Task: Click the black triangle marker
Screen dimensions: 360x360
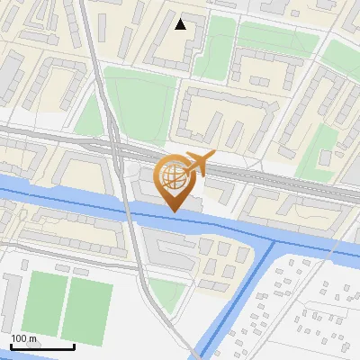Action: [x=181, y=24]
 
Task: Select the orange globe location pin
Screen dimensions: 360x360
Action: [x=174, y=181]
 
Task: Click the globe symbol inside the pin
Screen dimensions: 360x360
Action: [x=174, y=175]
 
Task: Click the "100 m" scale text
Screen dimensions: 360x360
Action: [x=24, y=338]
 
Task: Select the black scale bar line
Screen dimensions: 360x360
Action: [x=42, y=346]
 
